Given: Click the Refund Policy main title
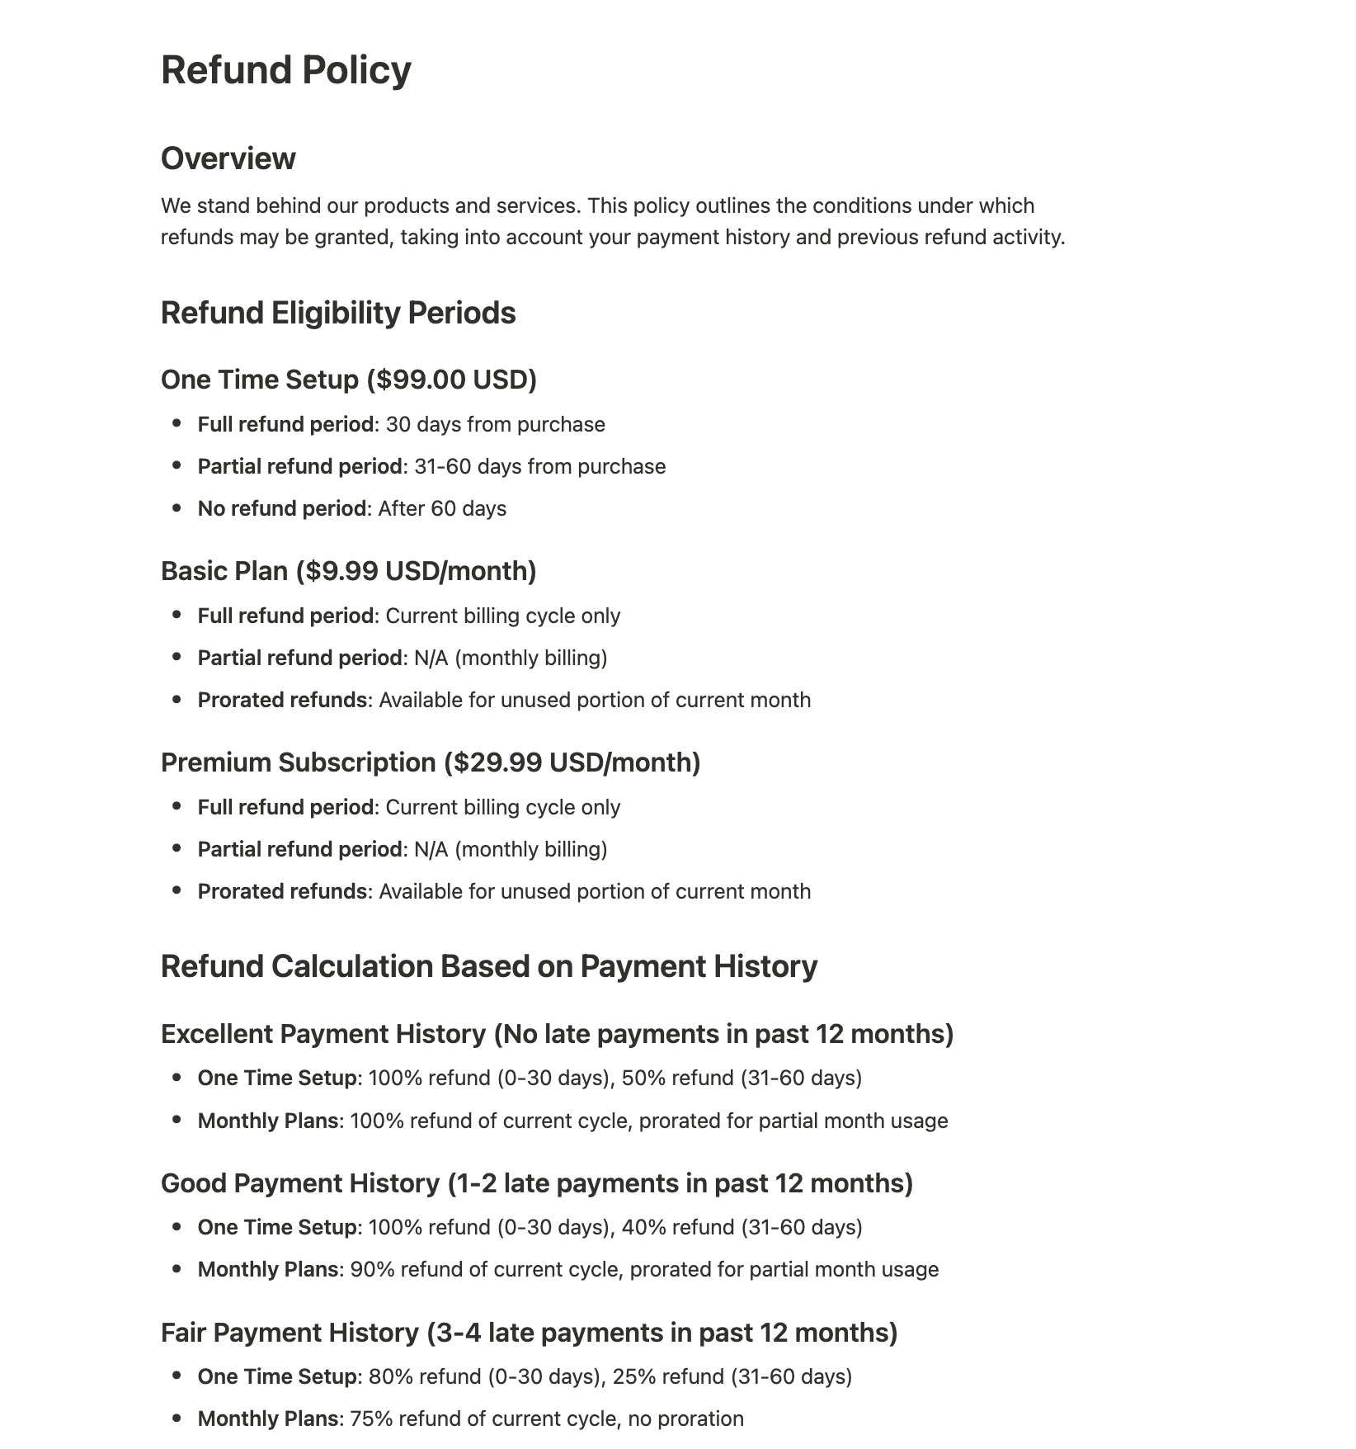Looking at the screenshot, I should [285, 70].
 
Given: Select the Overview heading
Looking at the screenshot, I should [228, 158].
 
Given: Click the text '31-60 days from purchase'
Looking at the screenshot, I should [539, 467].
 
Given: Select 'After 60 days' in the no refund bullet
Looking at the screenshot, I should [442, 509].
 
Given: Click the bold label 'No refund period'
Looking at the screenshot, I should [282, 509].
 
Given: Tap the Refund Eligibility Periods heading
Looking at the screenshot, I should [338, 314].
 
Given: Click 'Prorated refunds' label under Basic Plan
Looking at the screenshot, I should [282, 701].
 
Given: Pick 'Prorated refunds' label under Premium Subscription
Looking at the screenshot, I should [282, 892].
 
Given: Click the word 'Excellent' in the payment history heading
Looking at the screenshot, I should [219, 1034].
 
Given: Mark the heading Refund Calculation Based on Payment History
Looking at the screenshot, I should [489, 967].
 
